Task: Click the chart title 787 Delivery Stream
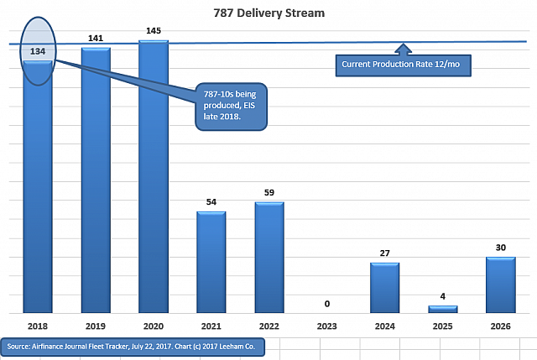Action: click(x=268, y=13)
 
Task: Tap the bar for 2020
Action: click(x=153, y=176)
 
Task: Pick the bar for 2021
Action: click(x=211, y=262)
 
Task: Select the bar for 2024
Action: click(x=385, y=288)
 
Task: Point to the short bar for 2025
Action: click(x=443, y=310)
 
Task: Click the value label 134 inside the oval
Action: click(x=38, y=52)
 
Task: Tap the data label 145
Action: click(x=153, y=31)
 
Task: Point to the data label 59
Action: click(x=269, y=192)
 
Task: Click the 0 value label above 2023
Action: click(x=327, y=304)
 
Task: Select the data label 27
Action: click(x=385, y=253)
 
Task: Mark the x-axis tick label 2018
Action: click(x=37, y=325)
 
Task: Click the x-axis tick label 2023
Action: click(x=327, y=325)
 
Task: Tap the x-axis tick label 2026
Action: click(x=501, y=325)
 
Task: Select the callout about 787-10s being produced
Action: click(x=229, y=104)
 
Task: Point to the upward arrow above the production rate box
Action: click(x=404, y=49)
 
